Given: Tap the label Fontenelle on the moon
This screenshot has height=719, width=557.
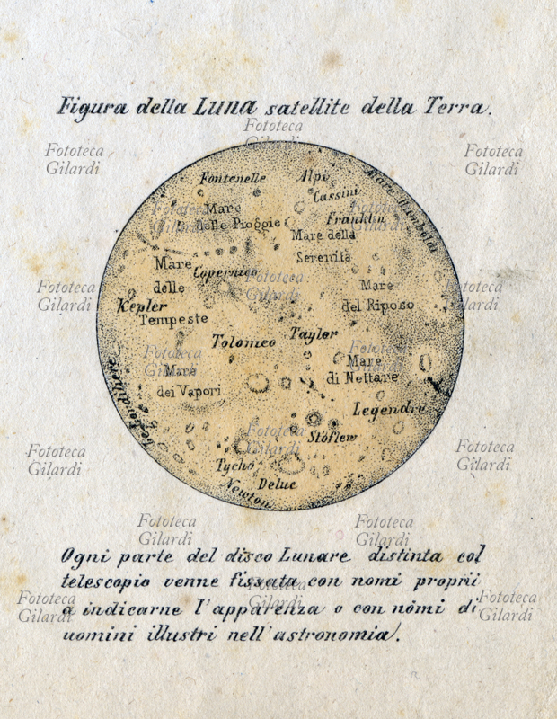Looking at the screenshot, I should (x=234, y=178).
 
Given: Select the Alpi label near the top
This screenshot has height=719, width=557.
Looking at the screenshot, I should (x=315, y=175).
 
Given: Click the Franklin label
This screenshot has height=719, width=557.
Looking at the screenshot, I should (x=355, y=218).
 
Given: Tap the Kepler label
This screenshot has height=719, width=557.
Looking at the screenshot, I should (x=143, y=306).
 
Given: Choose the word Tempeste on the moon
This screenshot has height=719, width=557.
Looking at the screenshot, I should (x=173, y=319).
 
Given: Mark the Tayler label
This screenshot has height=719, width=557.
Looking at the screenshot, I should (x=314, y=333).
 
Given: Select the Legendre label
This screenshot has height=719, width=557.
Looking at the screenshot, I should (x=388, y=410).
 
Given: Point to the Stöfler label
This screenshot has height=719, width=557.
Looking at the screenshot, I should (x=332, y=437).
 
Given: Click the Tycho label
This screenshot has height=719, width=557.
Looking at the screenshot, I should (x=235, y=465).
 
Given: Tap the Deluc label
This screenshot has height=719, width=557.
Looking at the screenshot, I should (x=277, y=484).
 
